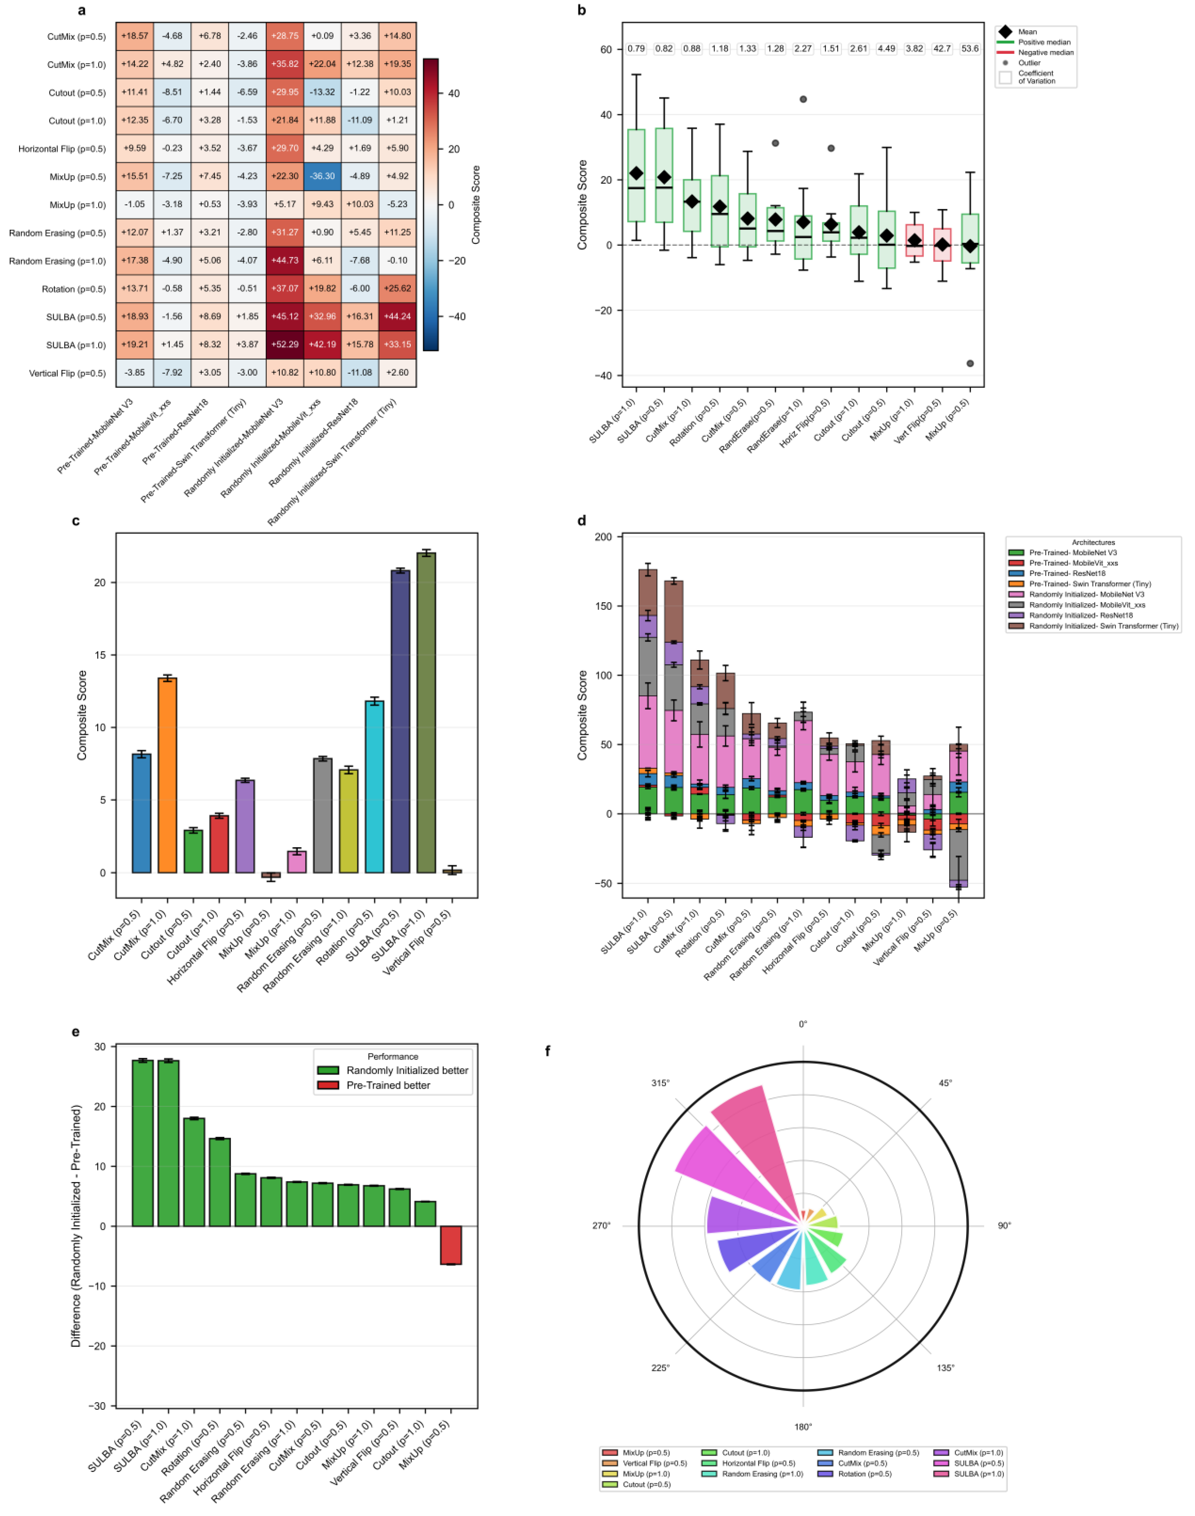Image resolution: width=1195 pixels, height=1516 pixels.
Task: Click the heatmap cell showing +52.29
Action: (285, 345)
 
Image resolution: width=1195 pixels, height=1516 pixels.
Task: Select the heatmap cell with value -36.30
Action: (322, 176)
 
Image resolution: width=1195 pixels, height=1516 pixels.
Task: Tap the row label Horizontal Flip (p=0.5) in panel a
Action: (62, 149)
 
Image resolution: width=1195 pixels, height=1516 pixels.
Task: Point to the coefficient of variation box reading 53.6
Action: (970, 49)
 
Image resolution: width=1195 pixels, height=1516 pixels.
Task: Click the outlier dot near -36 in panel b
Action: (970, 364)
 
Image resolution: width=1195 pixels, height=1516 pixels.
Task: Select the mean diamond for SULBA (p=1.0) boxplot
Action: (636, 174)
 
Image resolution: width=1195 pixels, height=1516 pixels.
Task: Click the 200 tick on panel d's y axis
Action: (603, 537)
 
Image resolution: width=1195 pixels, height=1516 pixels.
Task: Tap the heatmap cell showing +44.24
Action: (397, 317)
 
